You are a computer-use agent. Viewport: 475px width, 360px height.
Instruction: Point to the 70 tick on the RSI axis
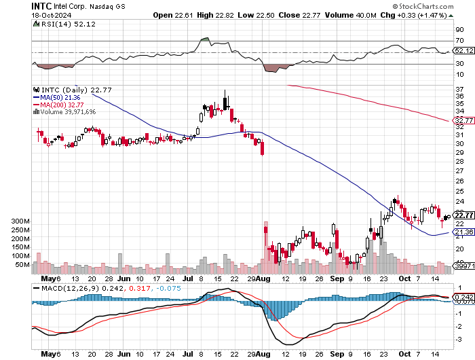pos(459,41)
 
